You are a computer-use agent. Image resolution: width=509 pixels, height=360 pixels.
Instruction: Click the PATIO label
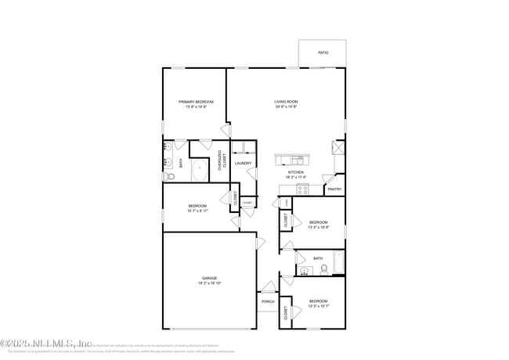click(x=323, y=53)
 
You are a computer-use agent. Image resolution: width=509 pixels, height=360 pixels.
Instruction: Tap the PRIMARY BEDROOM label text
click(x=196, y=102)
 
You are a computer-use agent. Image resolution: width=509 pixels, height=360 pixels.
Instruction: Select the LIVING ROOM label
click(x=286, y=102)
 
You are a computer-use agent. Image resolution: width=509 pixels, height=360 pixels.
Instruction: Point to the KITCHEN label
click(x=295, y=172)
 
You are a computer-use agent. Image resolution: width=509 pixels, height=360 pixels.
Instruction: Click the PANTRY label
click(x=334, y=189)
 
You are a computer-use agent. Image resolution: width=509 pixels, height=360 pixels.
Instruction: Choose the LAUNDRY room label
click(x=243, y=164)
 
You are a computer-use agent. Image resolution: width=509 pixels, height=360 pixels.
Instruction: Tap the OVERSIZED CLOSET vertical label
click(x=222, y=160)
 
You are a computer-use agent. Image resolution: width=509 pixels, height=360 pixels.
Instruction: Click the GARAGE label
click(x=209, y=278)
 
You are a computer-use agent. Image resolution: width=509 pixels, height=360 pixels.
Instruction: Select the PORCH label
click(x=268, y=301)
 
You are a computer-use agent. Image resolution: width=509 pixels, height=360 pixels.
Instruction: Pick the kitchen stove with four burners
click(x=305, y=189)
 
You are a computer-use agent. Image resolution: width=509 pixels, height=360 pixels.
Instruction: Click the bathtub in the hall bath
click(x=338, y=262)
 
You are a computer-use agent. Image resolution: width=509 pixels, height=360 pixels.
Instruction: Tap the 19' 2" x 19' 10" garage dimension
click(x=209, y=283)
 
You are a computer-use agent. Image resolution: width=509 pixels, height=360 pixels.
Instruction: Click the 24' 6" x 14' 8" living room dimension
click(x=286, y=107)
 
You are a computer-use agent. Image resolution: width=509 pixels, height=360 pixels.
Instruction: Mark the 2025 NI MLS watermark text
click(x=47, y=343)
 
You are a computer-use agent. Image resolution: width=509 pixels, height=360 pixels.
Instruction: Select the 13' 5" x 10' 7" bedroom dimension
click(x=318, y=306)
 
